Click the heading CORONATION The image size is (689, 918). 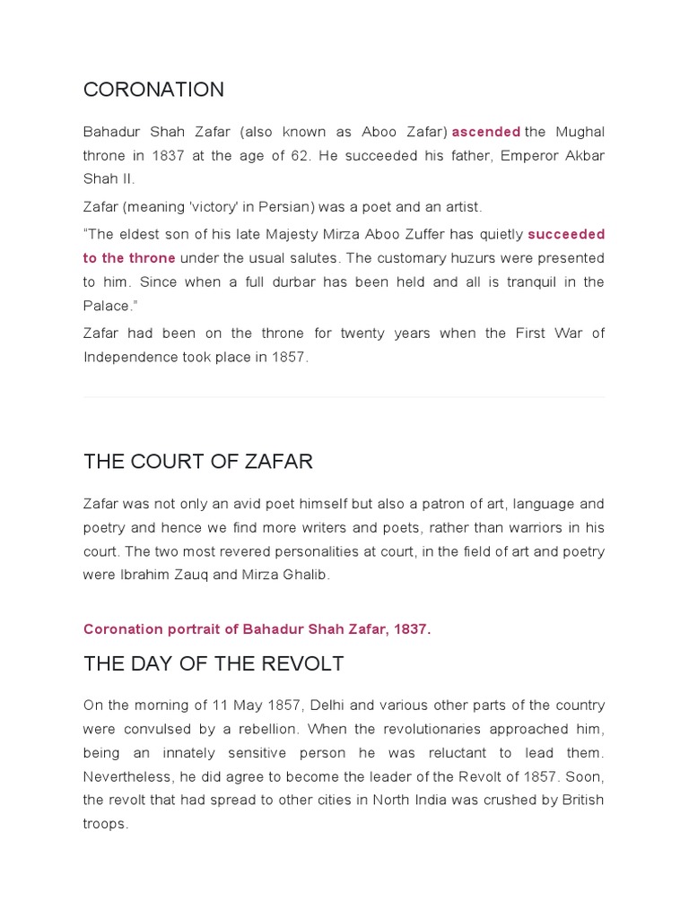153,90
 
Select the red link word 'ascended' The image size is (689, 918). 485,132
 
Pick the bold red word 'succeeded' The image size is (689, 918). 566,234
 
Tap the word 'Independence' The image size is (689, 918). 126,357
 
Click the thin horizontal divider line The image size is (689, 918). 344,397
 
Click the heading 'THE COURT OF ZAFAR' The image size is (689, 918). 198,462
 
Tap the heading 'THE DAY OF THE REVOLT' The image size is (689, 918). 214,664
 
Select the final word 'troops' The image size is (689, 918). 104,823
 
